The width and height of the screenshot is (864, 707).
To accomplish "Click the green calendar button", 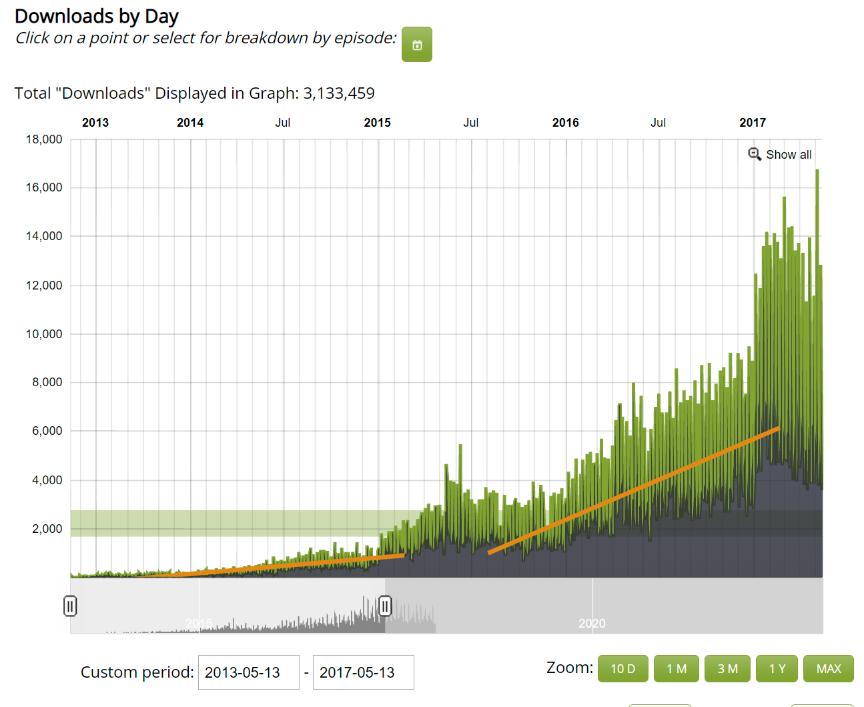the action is click(416, 44).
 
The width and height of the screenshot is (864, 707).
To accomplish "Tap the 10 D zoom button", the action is click(622, 668).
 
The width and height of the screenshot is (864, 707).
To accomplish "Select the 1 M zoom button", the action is click(676, 668).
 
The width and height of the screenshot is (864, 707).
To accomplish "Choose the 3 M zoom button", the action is click(727, 668).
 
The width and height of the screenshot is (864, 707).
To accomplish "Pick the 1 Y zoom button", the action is click(777, 668).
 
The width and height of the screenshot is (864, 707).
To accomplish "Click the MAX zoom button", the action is click(829, 668).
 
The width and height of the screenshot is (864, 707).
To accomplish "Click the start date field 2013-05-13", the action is click(249, 672).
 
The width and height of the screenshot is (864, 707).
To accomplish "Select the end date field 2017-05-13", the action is click(364, 672).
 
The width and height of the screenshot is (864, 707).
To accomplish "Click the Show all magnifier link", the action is click(780, 155).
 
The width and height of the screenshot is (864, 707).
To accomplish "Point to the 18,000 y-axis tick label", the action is click(44, 139).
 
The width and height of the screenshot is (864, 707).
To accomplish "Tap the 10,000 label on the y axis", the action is click(44, 334).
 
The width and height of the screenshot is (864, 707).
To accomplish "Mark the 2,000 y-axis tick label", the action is click(47, 528).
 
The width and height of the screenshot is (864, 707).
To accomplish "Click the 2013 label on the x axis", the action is click(95, 123).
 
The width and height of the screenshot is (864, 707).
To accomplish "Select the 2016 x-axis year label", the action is click(565, 123).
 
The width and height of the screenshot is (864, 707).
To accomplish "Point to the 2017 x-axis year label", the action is click(753, 123).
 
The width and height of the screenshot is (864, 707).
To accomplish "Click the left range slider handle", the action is click(70, 606).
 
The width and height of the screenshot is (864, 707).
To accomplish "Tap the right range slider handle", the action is click(385, 606).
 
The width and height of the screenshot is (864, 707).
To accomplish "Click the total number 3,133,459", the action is click(339, 93).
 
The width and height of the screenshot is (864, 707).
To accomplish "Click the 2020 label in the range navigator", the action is click(592, 623).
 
